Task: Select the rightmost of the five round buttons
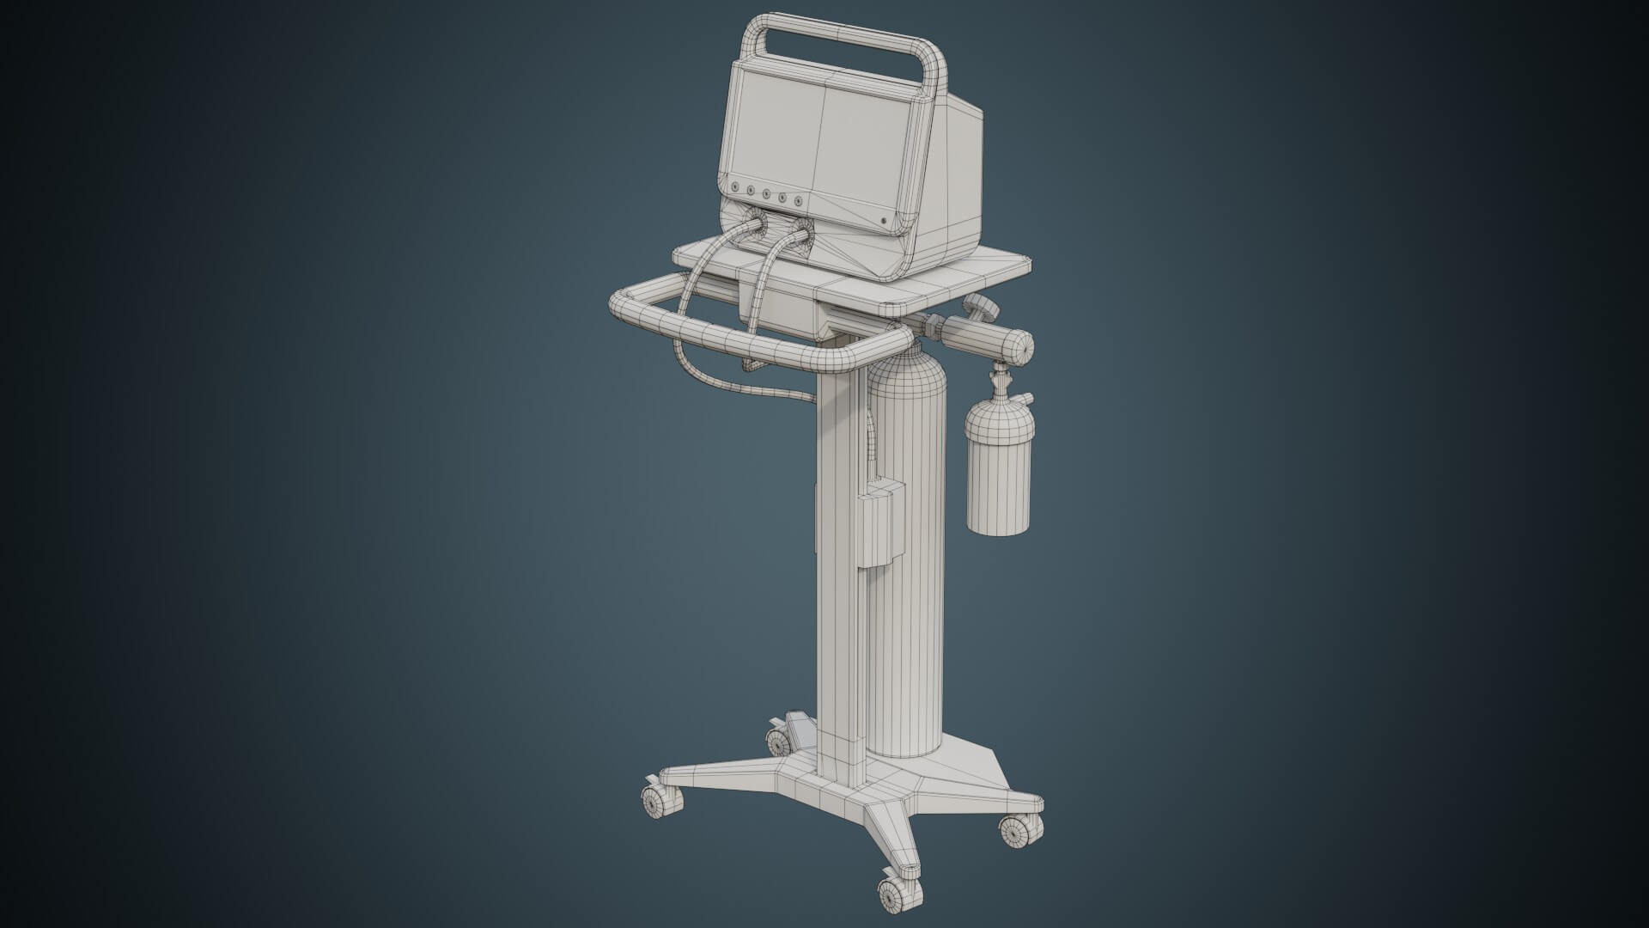click(x=198, y=201)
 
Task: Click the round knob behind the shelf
click(x=979, y=305)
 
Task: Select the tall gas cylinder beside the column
click(x=908, y=559)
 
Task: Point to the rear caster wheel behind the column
click(x=780, y=740)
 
